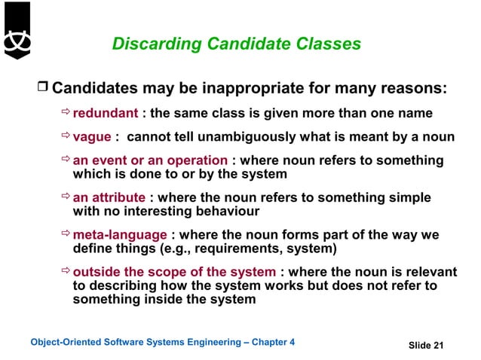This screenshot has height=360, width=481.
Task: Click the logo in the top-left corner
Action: [x=17, y=30]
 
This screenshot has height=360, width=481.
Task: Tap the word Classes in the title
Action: [x=327, y=44]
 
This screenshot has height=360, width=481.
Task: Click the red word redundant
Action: [x=105, y=114]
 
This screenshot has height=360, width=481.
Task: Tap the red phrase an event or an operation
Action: [x=150, y=160]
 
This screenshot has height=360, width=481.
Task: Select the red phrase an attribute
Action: [x=109, y=197]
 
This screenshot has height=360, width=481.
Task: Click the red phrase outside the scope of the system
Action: [x=174, y=272]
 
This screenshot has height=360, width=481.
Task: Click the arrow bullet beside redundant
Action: [x=66, y=114]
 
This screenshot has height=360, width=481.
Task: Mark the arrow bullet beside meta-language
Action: [x=66, y=234]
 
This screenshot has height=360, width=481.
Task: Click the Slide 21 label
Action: [x=426, y=345]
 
